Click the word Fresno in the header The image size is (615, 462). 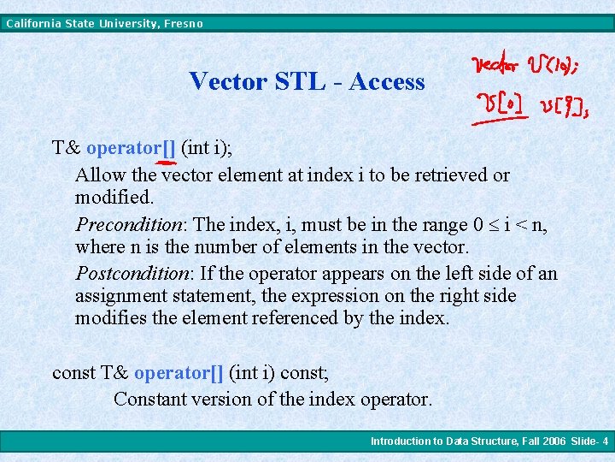click(x=182, y=24)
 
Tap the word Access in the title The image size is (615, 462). click(x=386, y=82)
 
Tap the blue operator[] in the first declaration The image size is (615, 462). click(x=131, y=147)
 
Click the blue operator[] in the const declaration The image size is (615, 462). click(x=179, y=373)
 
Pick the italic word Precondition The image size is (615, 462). click(x=131, y=225)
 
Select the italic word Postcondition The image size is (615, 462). click(x=133, y=274)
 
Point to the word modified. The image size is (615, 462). click(x=114, y=198)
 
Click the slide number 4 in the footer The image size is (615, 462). click(x=605, y=441)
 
